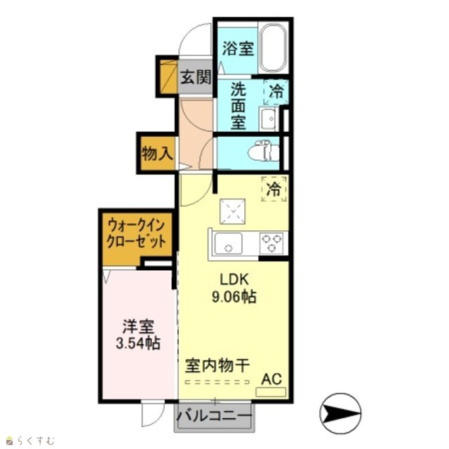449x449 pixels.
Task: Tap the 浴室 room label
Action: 238,48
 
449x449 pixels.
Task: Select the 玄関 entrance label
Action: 196,76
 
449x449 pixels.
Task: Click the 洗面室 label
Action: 239,106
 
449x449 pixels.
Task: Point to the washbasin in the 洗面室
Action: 268,119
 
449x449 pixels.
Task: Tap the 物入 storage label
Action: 157,154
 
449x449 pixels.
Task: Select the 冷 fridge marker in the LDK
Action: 274,189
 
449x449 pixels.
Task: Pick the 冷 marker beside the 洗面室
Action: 276,92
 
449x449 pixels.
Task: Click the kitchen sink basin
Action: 228,243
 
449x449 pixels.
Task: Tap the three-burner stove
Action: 272,243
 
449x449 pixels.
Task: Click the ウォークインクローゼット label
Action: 136,234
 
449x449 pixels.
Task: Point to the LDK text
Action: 234,279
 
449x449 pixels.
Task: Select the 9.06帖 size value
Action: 234,297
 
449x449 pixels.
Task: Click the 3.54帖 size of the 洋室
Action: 138,343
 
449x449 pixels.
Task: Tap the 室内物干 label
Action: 217,366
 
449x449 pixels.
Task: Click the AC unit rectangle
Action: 271,391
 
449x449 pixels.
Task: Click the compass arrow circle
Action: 340,413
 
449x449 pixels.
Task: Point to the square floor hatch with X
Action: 232,212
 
